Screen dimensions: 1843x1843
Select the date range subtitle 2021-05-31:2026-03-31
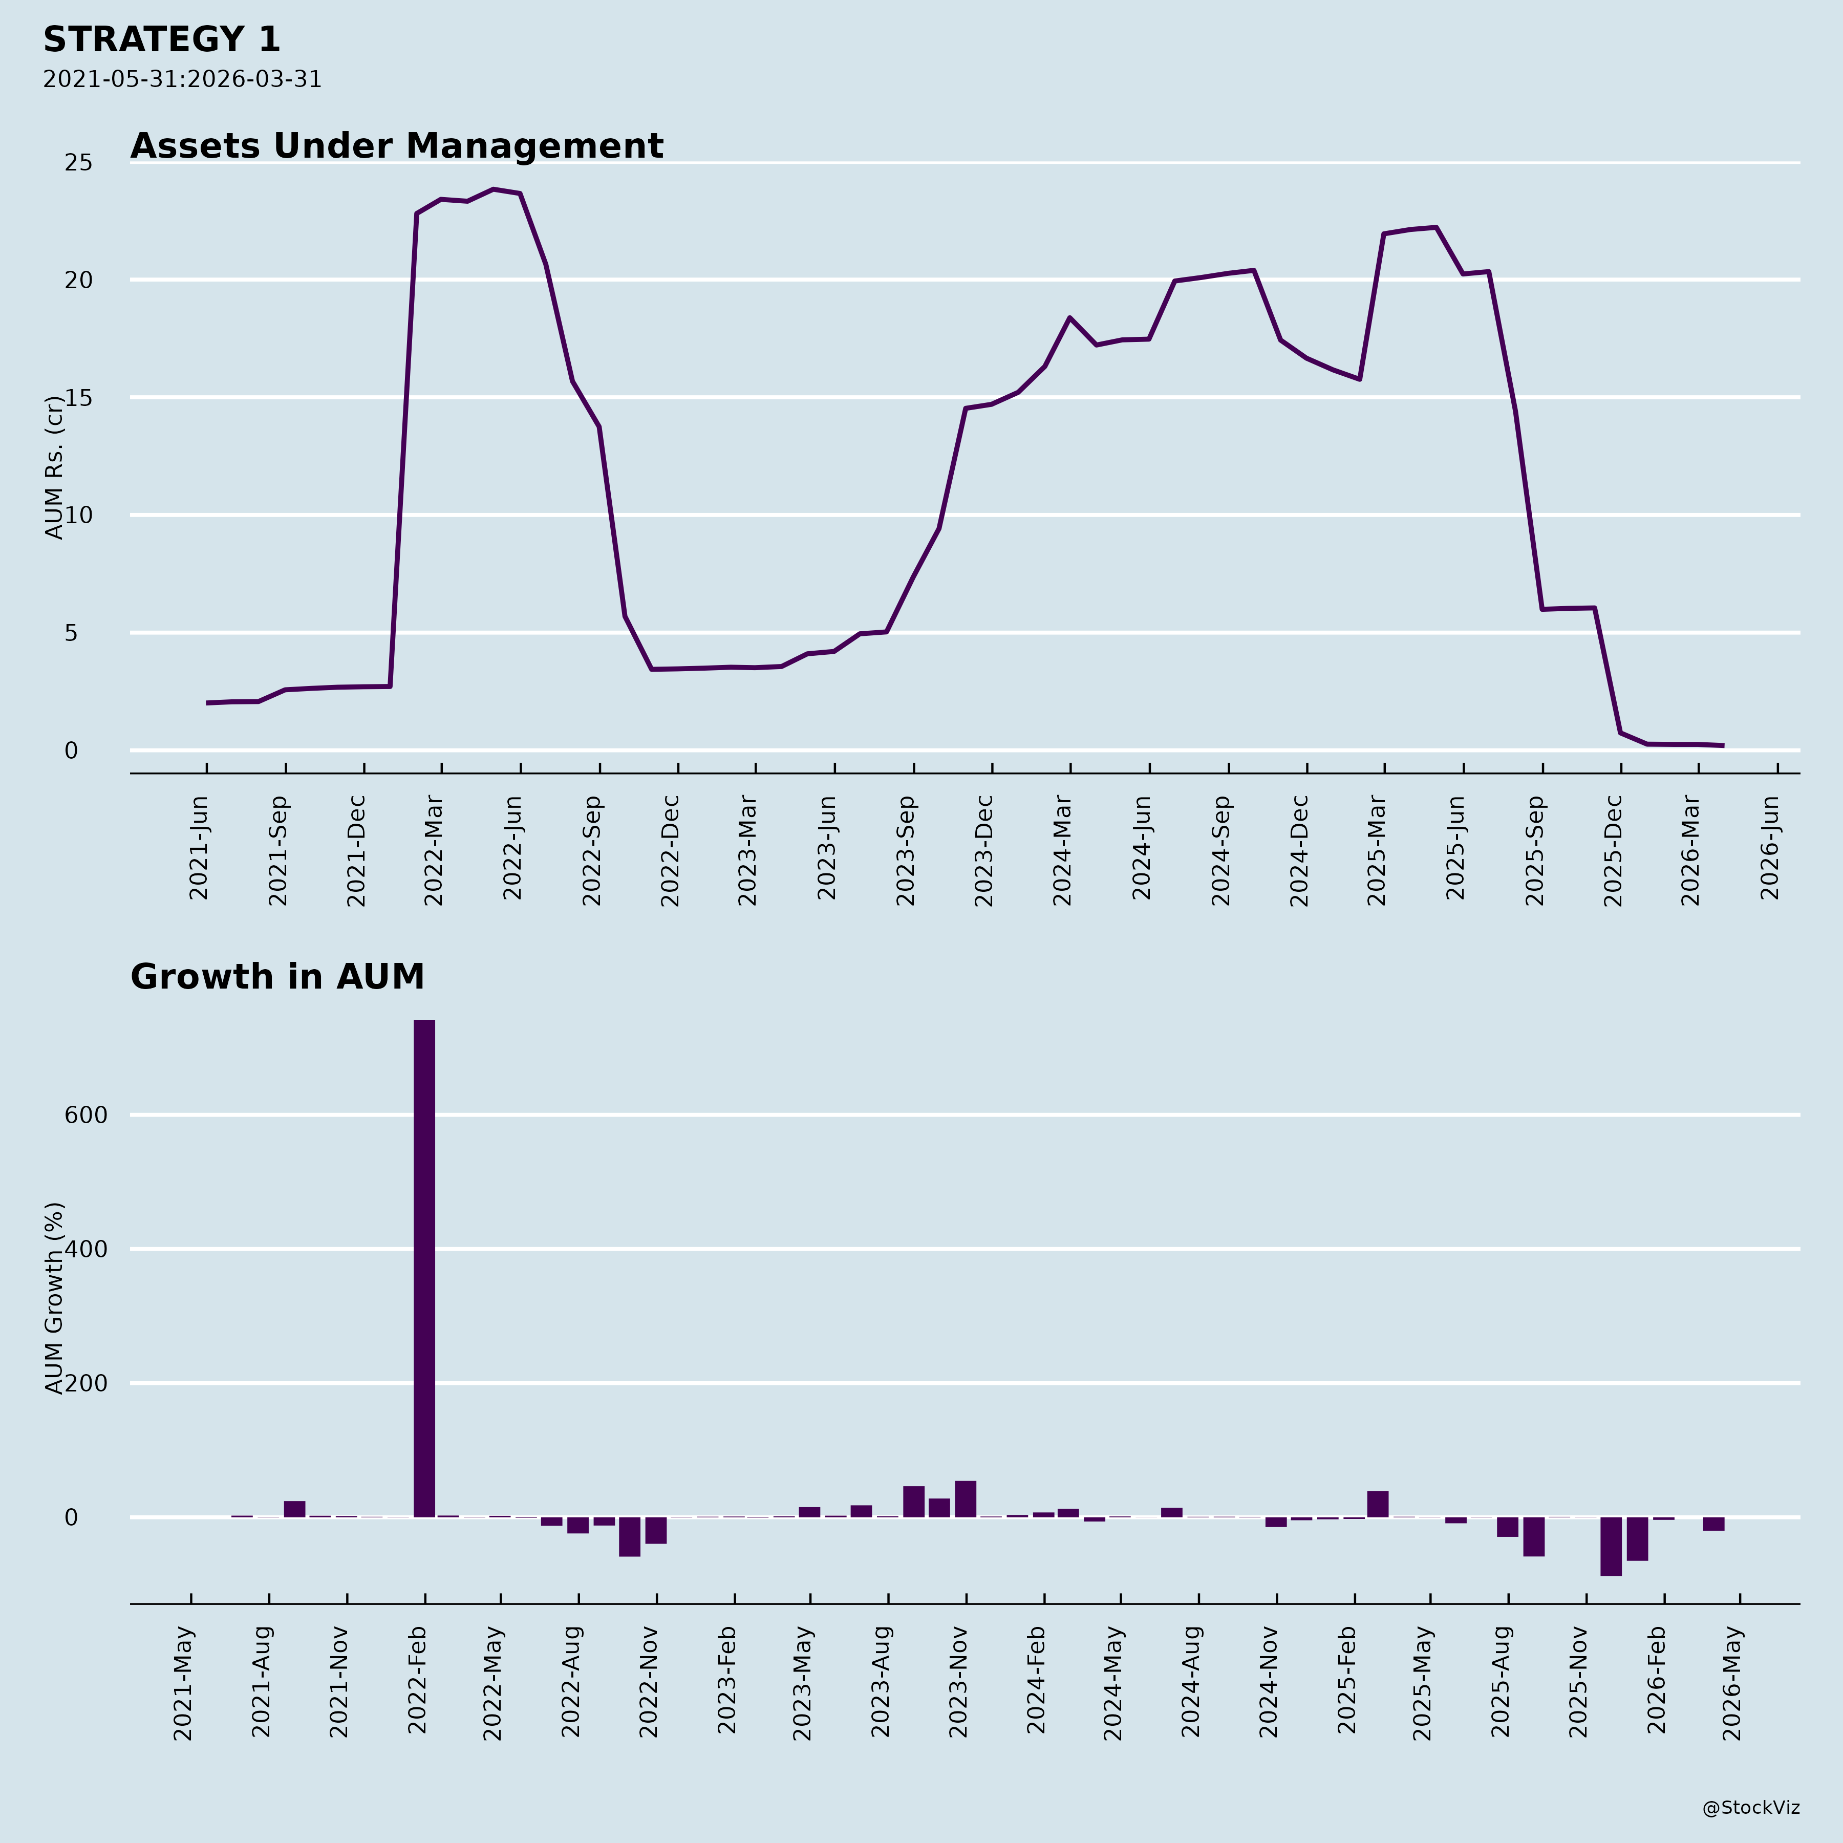coord(182,79)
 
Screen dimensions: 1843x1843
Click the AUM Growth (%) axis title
coord(54,1297)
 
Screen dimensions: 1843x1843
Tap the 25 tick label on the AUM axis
coord(78,163)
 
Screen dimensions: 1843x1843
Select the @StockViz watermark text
coord(1750,1808)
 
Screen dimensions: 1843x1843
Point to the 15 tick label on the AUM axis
coord(78,398)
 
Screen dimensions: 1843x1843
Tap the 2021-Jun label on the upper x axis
coord(199,848)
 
